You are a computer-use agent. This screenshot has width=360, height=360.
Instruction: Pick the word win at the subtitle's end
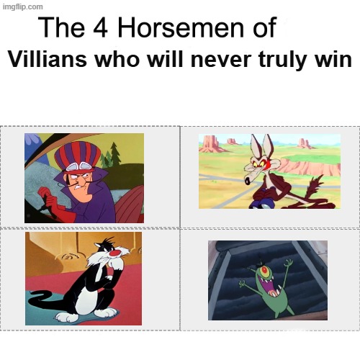(x=335, y=61)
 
